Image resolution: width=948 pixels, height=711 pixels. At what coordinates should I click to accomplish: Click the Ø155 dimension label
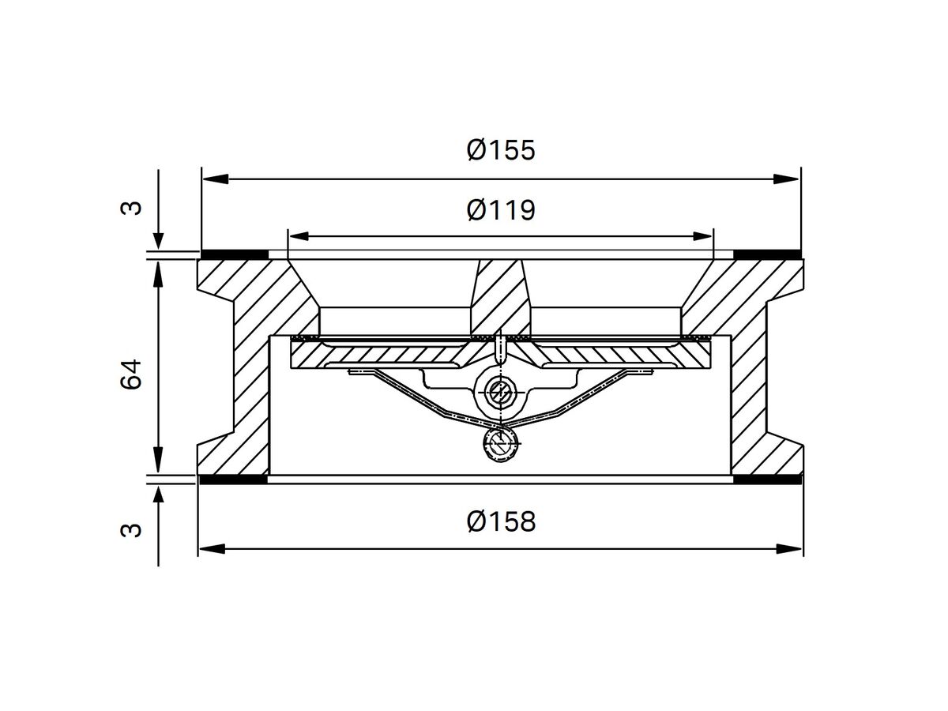coord(501,149)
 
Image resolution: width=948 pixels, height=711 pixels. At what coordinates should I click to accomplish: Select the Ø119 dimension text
coord(501,209)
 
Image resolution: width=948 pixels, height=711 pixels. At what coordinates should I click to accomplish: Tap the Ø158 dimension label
coord(501,521)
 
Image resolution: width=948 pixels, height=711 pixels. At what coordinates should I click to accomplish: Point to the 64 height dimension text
coord(132,373)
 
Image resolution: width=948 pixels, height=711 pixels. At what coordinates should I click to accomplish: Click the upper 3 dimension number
coord(132,208)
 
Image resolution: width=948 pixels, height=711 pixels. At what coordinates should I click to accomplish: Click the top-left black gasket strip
coord(235,254)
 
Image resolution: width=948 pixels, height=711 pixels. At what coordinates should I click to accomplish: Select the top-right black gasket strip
coord(767,254)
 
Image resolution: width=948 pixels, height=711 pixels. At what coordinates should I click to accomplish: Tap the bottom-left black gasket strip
coord(235,480)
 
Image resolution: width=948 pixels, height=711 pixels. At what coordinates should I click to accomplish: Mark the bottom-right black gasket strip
coord(767,480)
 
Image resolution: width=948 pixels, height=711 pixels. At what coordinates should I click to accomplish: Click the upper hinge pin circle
coord(498,389)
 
